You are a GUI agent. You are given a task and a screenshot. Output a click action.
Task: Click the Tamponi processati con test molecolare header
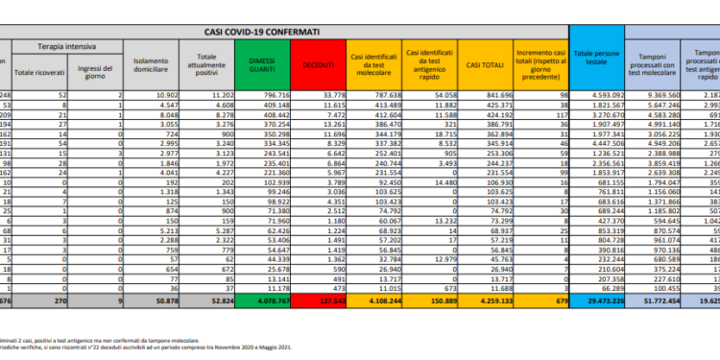coord(655,64)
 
